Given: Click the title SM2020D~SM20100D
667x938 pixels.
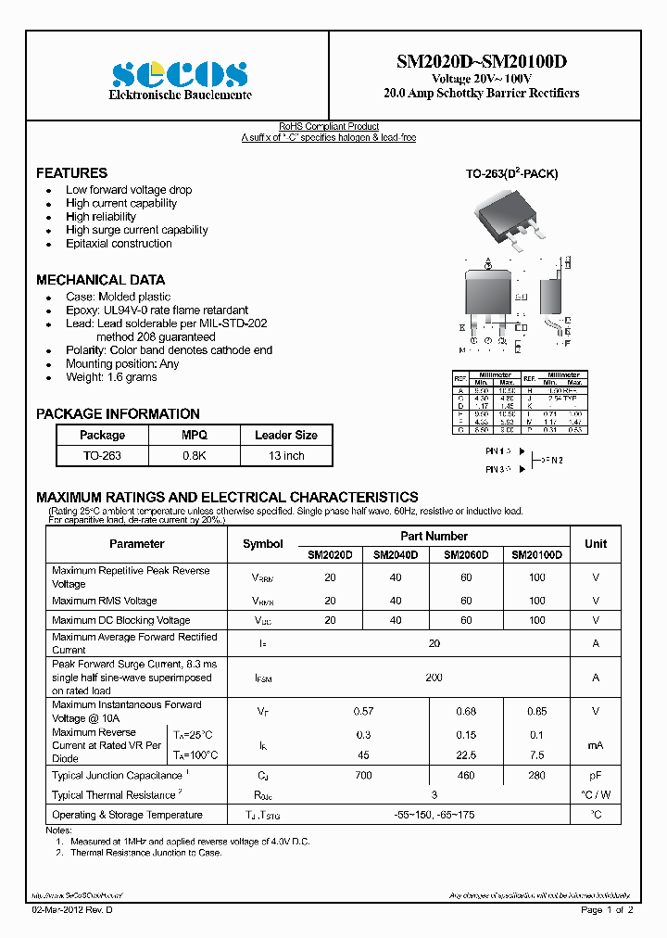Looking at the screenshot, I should pos(481,62).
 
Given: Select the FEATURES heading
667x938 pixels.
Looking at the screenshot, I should pos(71,173).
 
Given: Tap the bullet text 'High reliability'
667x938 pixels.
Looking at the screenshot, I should pos(101,217).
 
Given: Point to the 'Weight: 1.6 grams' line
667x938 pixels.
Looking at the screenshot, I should pos(111,377).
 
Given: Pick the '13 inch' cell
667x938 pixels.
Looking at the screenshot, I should pos(285,456).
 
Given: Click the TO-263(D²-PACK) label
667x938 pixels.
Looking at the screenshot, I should pos(511,174).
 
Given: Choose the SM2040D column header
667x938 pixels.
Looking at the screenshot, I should pos(396,555).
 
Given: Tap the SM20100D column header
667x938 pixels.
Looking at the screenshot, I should pos(536,555).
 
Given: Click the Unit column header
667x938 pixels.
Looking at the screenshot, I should pos(596,544).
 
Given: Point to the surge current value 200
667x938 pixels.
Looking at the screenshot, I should pos(434,678).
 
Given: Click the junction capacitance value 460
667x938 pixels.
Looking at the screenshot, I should pos(466,775).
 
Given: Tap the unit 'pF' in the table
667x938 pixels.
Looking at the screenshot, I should pos(596,775).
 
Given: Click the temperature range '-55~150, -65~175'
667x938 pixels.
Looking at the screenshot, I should pos(434,815).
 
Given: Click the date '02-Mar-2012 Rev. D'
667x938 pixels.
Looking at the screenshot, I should pos(77,911).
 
